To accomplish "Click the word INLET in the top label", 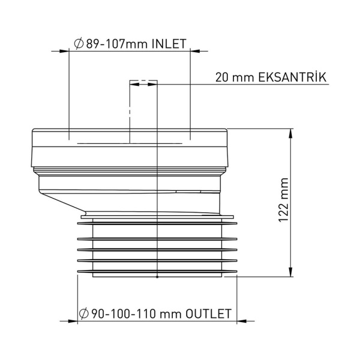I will pyautogui.click(x=169, y=44).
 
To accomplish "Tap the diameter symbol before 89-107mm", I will pyautogui.click(x=78, y=44).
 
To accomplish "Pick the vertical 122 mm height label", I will pyautogui.click(x=284, y=200).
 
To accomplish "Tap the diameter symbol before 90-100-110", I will pyautogui.click(x=85, y=314).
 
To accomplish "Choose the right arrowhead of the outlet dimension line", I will pyautogui.click(x=242, y=322).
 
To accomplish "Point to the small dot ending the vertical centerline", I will pyautogui.click(x=157, y=278).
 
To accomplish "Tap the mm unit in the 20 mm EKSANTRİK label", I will pyautogui.click(x=242, y=77).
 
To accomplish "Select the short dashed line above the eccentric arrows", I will pyautogui.click(x=144, y=80).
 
